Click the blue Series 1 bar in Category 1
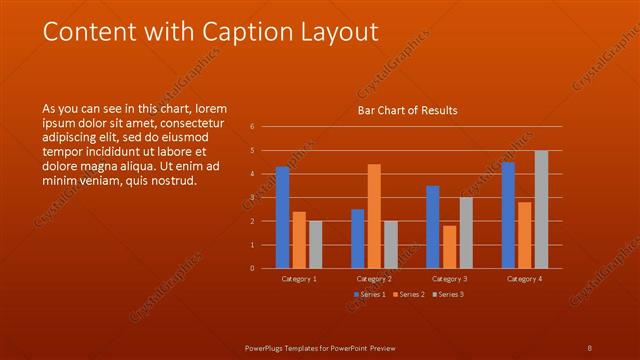(283, 217)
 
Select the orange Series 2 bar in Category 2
(374, 216)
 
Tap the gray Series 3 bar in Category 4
(541, 209)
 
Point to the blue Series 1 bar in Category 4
(508, 215)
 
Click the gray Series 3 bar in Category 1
(316, 244)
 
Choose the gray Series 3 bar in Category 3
(466, 232)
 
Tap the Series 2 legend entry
(408, 294)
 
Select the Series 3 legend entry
(448, 294)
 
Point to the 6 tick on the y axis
(252, 127)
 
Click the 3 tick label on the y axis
(252, 197)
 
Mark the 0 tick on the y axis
(252, 268)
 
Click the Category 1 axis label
(299, 279)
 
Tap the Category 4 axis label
(524, 279)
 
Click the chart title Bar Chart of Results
(408, 110)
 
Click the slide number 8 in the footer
(589, 347)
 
